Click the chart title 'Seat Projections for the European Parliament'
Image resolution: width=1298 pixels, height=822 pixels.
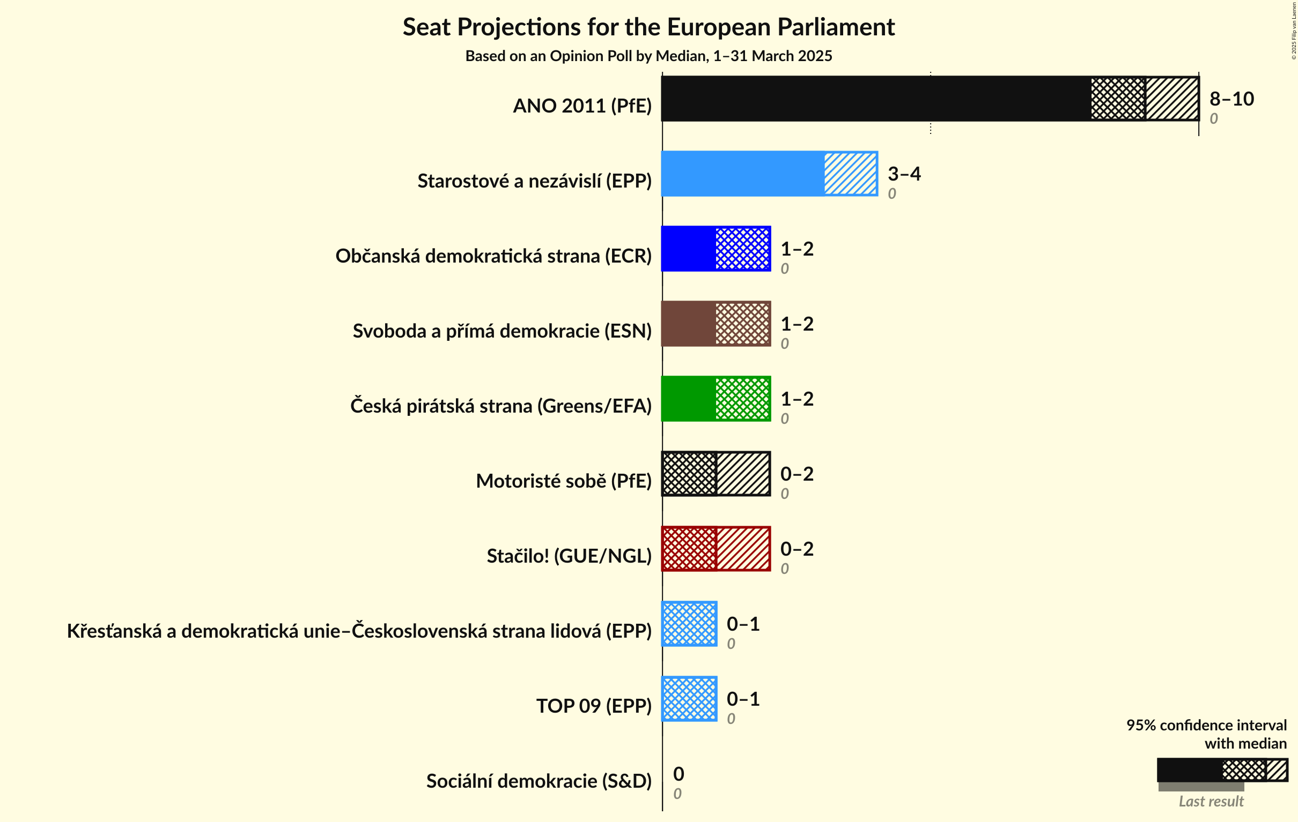click(x=648, y=27)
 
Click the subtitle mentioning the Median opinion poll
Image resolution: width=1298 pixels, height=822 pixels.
click(x=648, y=56)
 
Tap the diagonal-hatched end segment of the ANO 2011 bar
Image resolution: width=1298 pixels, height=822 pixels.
click(x=1172, y=99)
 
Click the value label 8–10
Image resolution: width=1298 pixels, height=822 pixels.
click(x=1231, y=99)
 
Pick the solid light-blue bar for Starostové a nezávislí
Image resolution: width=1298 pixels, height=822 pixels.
click(x=743, y=174)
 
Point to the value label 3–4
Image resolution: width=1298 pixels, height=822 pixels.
click(x=904, y=174)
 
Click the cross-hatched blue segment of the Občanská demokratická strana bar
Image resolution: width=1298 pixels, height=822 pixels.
click(x=742, y=248)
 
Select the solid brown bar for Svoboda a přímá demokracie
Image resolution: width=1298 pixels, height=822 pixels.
click(x=688, y=323)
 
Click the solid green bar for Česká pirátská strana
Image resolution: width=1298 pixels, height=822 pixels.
click(x=688, y=399)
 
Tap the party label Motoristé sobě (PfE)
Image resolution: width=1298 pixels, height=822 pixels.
click(x=563, y=481)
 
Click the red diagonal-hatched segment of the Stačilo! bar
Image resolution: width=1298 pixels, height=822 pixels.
click(x=743, y=548)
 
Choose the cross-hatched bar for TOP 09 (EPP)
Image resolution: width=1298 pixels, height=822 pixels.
click(x=689, y=699)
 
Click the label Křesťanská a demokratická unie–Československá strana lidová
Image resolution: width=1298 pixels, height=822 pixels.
click(x=359, y=631)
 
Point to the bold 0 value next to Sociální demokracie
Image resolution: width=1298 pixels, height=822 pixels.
click(x=678, y=774)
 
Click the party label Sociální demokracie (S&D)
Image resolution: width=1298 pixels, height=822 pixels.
click(x=539, y=781)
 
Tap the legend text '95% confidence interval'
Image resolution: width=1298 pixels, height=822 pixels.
click(x=1206, y=725)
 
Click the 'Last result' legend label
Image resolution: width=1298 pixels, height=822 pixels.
click(x=1211, y=801)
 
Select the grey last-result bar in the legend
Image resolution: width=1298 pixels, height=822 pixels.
click(x=1200, y=787)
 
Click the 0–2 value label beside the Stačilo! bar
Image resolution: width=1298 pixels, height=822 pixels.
click(x=796, y=548)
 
